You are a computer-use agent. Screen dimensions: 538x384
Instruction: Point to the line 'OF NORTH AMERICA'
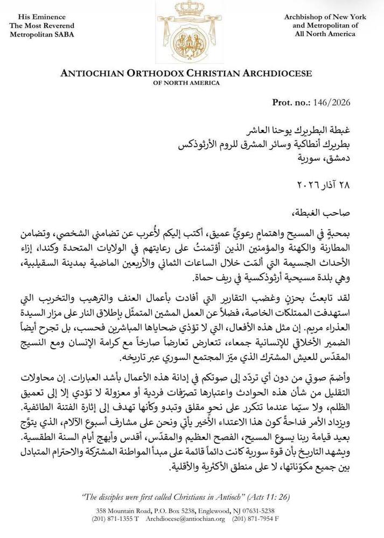[x=186, y=83]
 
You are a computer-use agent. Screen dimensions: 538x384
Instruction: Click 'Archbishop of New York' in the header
[x=325, y=17]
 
